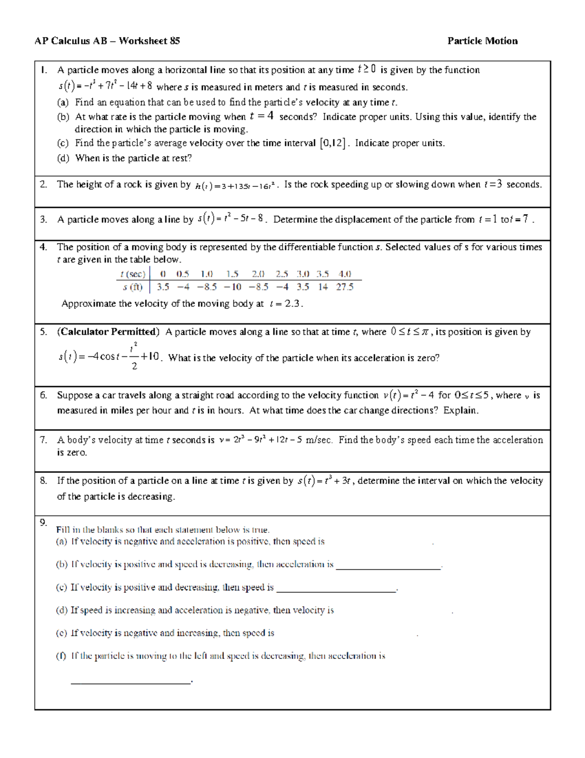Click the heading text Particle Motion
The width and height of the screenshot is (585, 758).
482,41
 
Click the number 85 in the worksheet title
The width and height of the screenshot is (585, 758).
175,41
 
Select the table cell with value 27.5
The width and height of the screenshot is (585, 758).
344,287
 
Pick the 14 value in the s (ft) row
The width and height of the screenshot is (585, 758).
323,287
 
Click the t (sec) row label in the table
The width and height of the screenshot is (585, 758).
133,274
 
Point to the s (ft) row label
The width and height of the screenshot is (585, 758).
133,287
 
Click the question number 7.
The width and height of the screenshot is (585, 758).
43,440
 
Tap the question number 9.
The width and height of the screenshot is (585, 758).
43,522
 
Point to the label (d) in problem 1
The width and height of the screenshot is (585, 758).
63,158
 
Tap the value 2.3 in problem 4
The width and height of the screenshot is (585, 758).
292,304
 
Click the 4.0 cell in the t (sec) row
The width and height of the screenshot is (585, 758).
344,274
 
